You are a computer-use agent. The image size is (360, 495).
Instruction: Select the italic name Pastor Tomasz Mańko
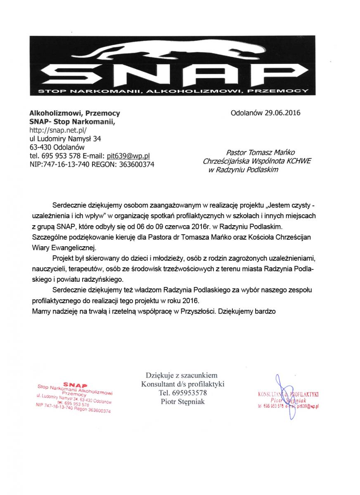tap(261, 153)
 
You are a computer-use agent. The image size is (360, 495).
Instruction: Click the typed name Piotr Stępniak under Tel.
tap(182, 401)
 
